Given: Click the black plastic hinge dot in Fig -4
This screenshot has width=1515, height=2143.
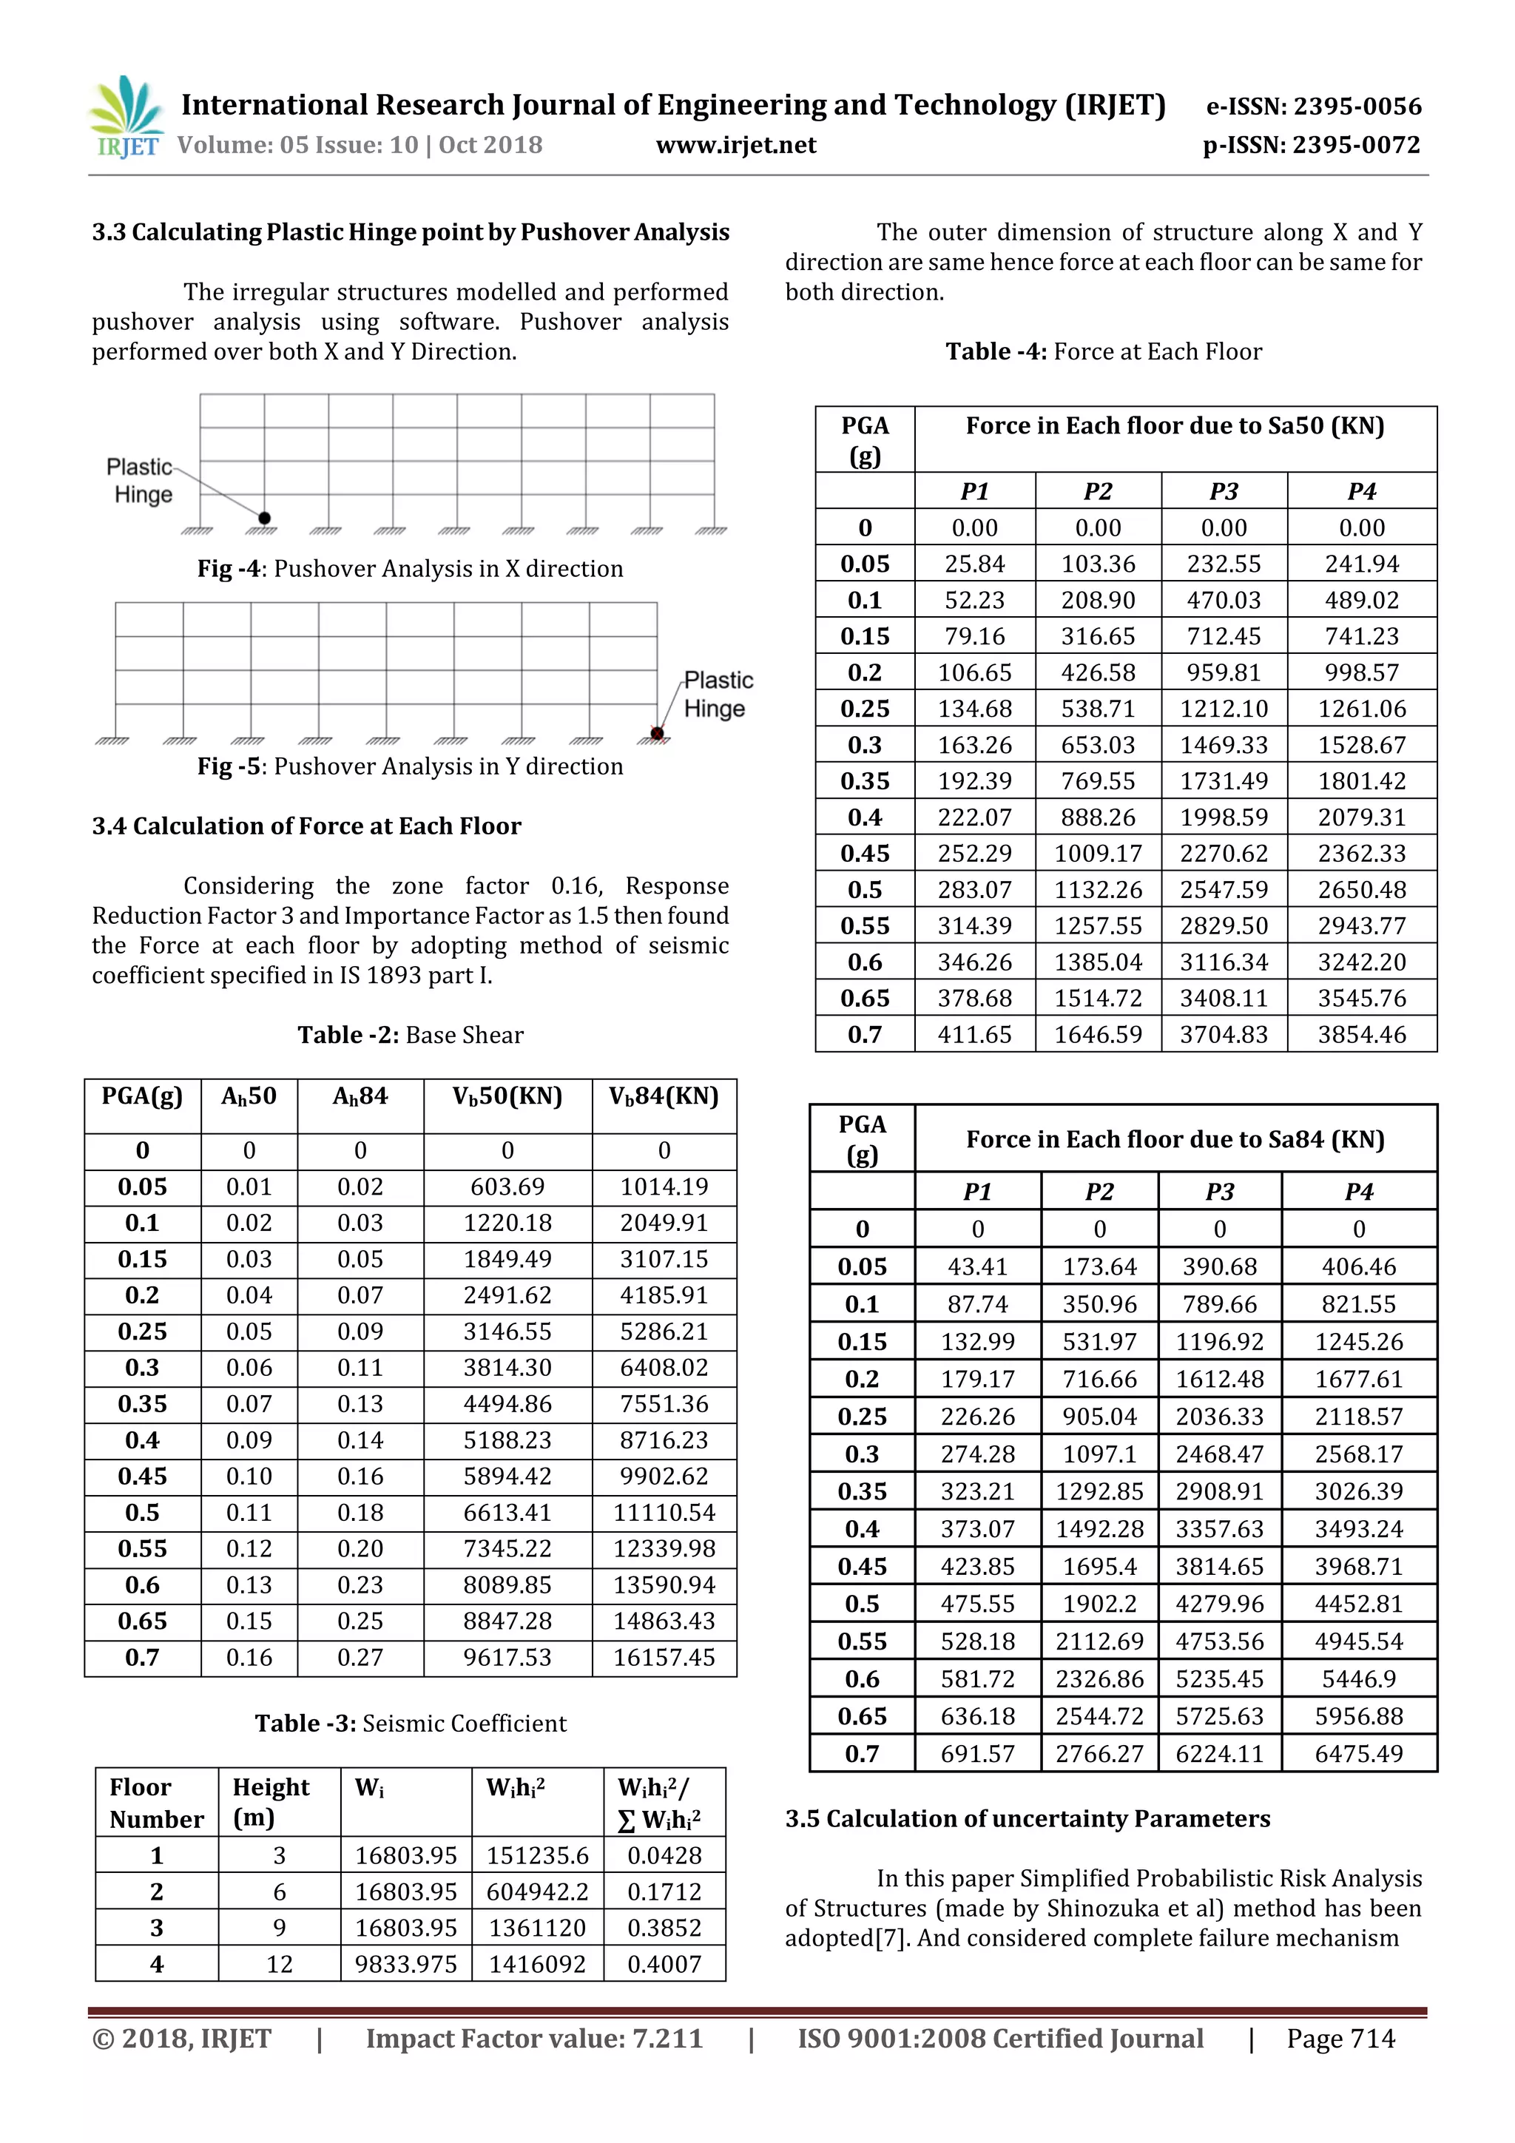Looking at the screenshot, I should coord(264,518).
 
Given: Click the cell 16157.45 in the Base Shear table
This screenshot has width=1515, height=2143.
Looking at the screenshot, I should coord(664,1657).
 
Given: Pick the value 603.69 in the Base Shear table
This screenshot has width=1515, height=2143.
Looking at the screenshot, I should coord(507,1187).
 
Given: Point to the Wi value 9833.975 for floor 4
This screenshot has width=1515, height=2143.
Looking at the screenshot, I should coord(405,1964).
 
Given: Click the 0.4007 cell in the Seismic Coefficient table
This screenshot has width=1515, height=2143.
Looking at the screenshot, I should coord(664,1964).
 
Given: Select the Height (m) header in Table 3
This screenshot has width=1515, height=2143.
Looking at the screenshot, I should coord(271,1801).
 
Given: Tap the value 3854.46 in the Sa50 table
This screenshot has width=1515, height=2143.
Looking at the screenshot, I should coord(1361,1034).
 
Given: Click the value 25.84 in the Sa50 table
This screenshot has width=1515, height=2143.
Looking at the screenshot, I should coord(974,564).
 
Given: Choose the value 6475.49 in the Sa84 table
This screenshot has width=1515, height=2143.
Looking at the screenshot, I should coord(1358,1753).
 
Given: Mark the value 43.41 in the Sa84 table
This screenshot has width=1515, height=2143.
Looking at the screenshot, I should coord(977,1266).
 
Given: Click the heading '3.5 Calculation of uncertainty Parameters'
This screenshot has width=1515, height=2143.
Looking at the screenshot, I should coord(1027,1818).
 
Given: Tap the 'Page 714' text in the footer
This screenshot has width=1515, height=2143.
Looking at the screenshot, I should coord(1340,2039).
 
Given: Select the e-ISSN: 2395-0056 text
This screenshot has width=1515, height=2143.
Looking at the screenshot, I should coord(1313,107).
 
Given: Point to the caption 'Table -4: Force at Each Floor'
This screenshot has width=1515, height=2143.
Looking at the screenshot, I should coord(1104,352).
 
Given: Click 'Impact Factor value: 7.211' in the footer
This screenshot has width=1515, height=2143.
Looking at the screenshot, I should coord(534,2039).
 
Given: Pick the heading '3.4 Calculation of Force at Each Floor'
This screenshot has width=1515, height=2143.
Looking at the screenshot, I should coord(306,826).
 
